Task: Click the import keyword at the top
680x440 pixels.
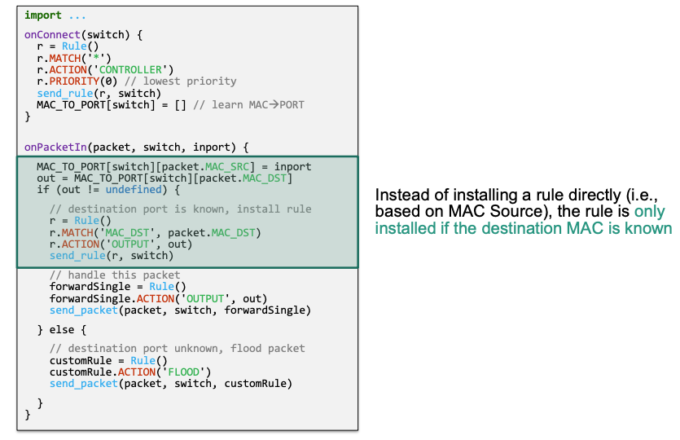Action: (42, 15)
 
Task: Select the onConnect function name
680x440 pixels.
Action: (52, 35)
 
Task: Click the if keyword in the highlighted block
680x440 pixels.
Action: (42, 190)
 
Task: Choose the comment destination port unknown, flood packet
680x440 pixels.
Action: (178, 349)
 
